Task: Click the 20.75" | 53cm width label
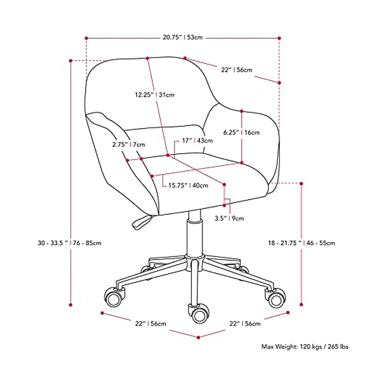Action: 183,38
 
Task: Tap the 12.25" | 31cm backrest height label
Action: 154,95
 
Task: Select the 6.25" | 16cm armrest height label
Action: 241,133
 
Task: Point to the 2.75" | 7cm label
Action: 129,144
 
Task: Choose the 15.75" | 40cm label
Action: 188,185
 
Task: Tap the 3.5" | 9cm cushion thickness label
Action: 229,218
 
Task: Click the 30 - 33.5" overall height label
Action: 69,243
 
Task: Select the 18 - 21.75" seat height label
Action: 301,243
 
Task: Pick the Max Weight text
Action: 305,347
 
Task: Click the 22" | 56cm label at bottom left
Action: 150,323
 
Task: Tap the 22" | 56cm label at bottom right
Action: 245,323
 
